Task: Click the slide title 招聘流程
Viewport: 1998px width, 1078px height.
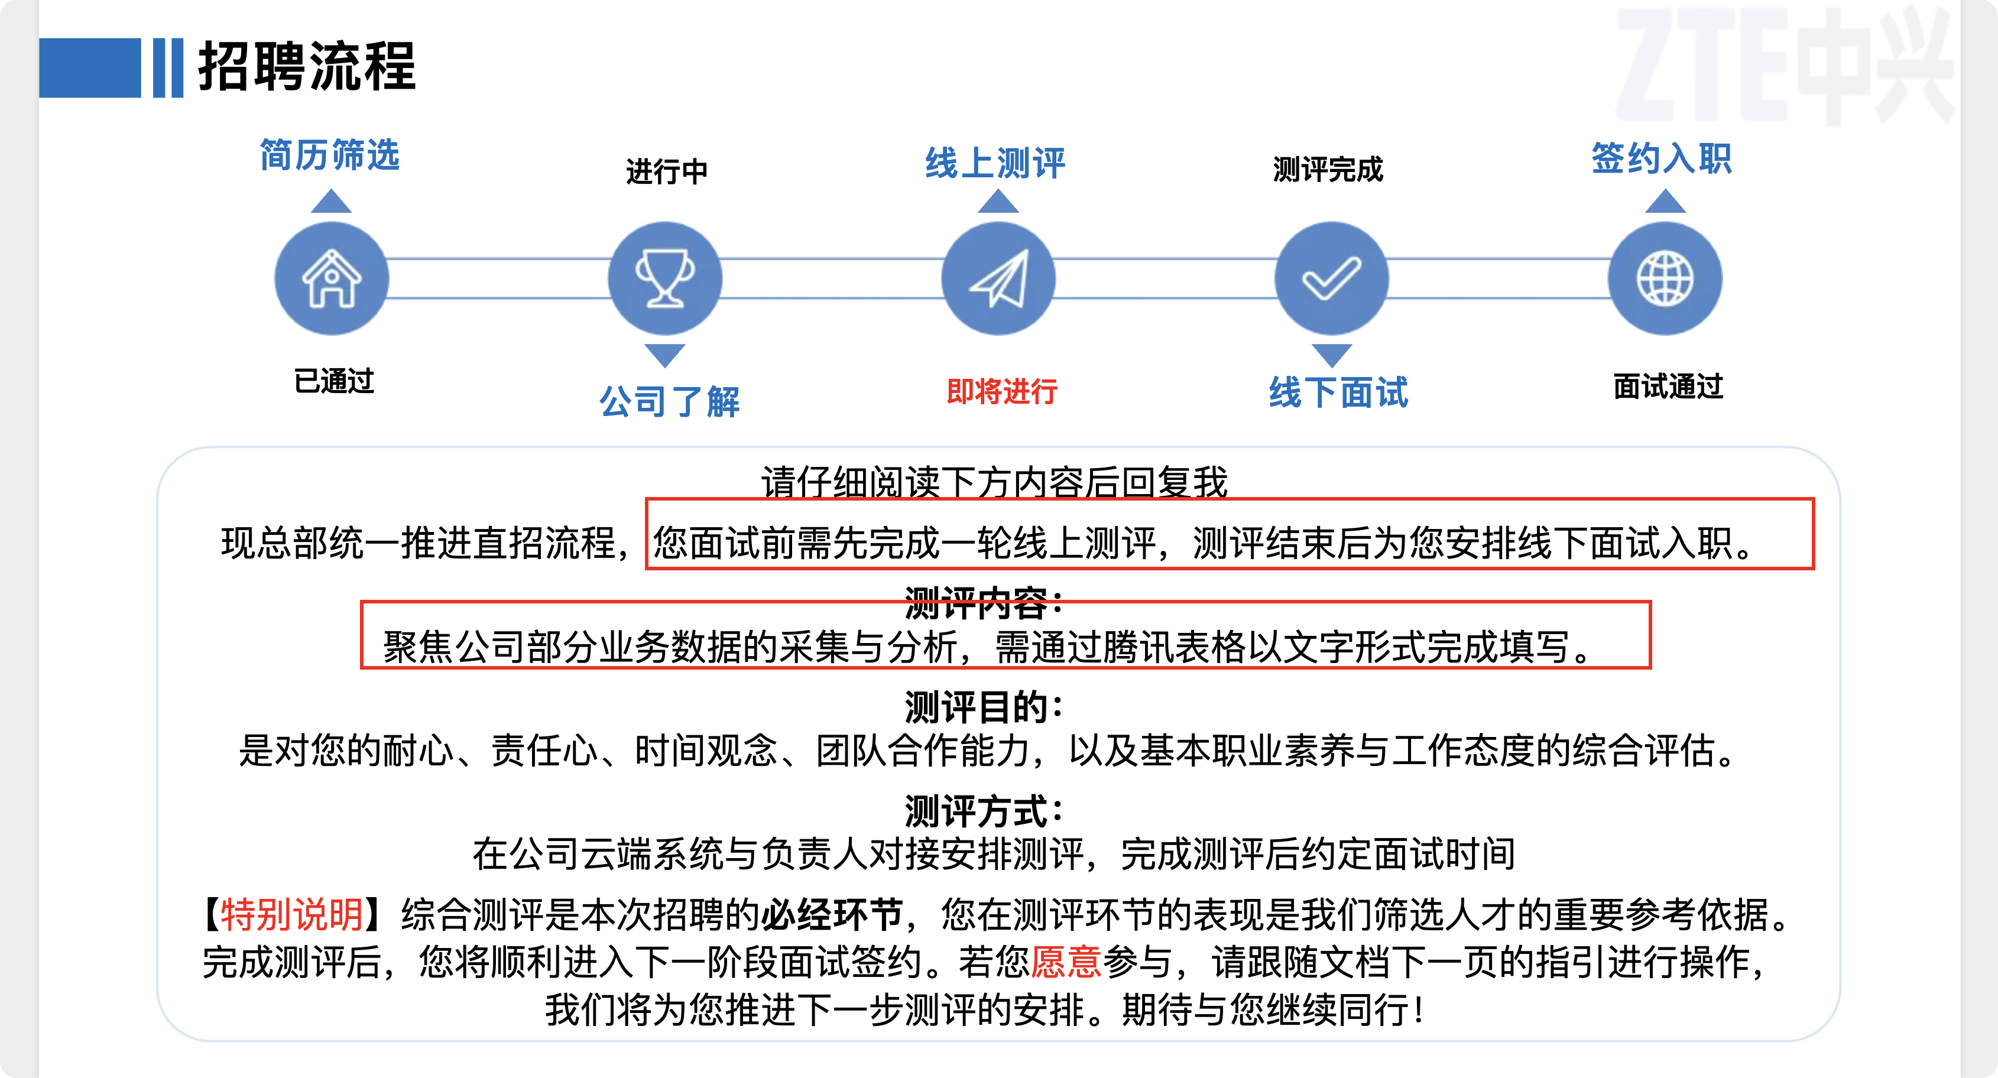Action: click(x=307, y=67)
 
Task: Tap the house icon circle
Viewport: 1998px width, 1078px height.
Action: click(x=332, y=278)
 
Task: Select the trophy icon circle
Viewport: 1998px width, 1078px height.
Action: click(x=664, y=278)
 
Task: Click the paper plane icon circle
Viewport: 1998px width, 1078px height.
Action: click(x=998, y=278)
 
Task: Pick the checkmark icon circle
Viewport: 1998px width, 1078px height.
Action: click(x=1332, y=278)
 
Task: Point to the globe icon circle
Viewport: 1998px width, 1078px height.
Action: click(x=1665, y=278)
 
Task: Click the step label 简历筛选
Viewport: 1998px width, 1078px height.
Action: click(x=330, y=155)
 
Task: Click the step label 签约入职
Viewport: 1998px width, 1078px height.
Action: click(x=1662, y=158)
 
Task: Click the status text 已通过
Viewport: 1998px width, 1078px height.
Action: click(x=335, y=381)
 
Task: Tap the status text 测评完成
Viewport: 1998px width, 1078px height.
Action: click(x=1328, y=169)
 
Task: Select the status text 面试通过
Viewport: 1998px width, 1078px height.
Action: click(x=1668, y=386)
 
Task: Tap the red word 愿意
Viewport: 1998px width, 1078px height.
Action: click(x=1066, y=962)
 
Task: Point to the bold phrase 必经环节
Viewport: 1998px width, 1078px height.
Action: click(x=832, y=914)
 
